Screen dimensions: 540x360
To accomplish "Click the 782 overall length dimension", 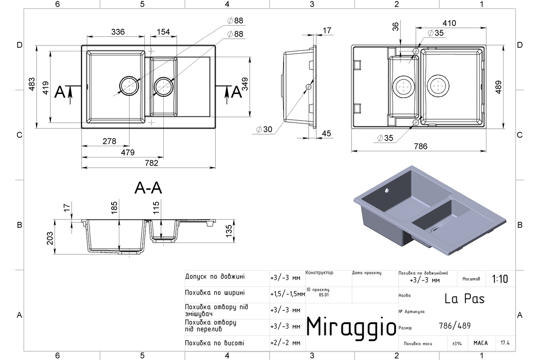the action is tap(151, 163).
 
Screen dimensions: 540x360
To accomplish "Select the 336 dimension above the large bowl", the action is tap(118, 32).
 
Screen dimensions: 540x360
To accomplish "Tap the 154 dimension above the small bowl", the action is tap(163, 32).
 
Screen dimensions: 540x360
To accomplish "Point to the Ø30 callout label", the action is tap(264, 130).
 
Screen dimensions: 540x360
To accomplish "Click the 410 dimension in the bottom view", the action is tap(449, 23).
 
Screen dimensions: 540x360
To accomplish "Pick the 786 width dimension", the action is tap(420, 146).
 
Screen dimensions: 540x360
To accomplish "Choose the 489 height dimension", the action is tap(498, 87).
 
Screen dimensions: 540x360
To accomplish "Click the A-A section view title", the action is tap(148, 188).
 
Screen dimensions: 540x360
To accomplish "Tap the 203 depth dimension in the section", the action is tap(50, 238).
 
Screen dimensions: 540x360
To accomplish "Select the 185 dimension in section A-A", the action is tap(114, 207).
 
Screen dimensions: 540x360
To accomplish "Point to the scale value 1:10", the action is tap(500, 279).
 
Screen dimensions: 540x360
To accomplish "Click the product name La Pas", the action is tap(464, 299).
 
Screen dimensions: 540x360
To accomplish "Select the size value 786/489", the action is tap(454, 326).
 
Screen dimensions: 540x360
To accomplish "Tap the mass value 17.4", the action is tap(505, 343).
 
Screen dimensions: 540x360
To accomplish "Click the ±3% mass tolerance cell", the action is tap(457, 343).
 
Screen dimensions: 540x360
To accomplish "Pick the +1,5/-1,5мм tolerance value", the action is tap(288, 294).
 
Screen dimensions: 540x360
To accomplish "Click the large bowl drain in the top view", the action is tap(129, 86).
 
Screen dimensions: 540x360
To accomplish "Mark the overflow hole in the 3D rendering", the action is tap(387, 190).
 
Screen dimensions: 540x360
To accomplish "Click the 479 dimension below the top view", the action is tap(127, 153).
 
